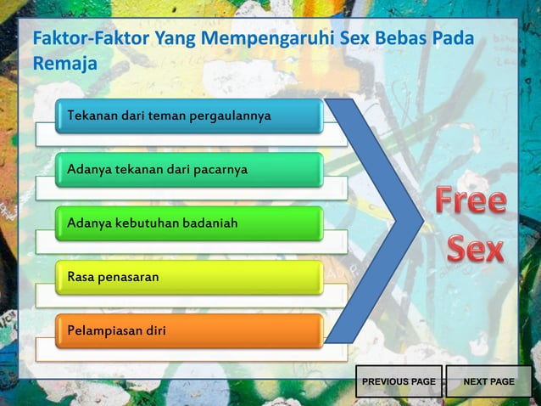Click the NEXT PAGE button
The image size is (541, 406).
pos(488,382)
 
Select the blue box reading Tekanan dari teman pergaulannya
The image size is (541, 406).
pos(188,116)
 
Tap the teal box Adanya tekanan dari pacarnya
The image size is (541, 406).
pos(188,170)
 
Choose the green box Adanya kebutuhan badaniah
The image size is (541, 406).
pos(188,223)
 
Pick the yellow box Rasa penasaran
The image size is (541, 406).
pos(188,278)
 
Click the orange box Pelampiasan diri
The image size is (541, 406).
pos(188,331)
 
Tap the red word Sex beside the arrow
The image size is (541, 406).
pos(475,249)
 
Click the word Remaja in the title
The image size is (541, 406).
pos(64,64)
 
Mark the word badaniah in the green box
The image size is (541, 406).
pos(210,223)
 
